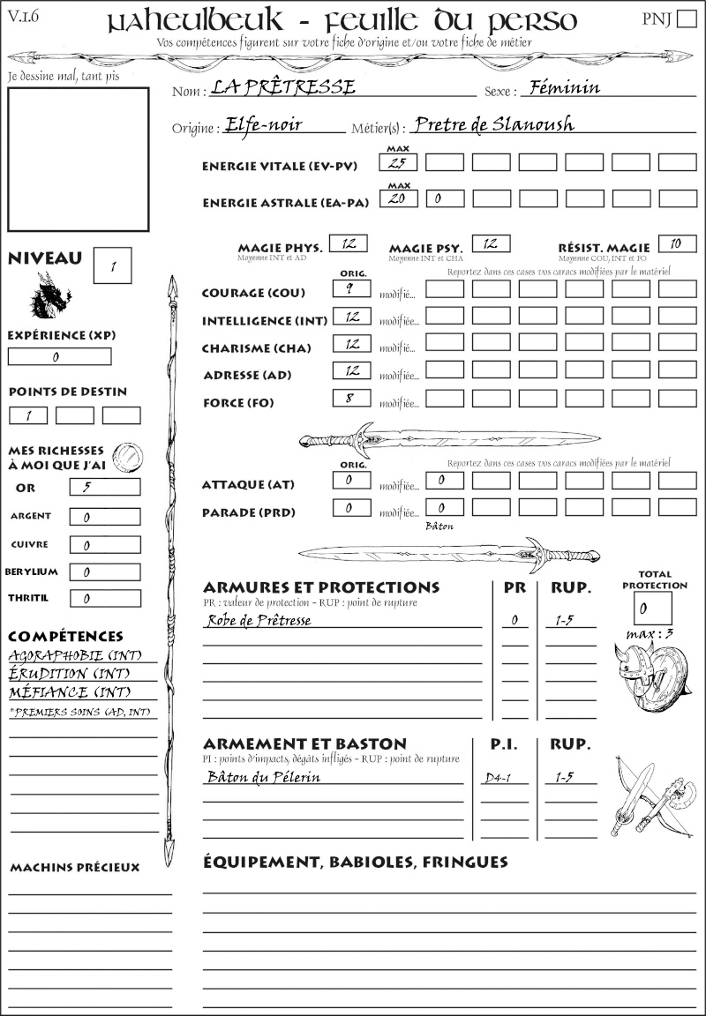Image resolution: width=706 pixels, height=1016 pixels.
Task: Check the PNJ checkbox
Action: click(x=685, y=19)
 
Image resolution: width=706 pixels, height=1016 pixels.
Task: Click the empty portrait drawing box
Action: click(x=78, y=159)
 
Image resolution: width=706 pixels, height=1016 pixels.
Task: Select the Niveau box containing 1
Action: click(x=114, y=265)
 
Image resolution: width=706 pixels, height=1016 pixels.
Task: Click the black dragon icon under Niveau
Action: click(x=49, y=295)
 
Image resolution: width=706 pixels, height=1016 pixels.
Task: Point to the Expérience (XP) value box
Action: click(x=59, y=357)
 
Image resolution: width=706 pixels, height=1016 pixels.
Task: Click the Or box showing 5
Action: click(x=104, y=487)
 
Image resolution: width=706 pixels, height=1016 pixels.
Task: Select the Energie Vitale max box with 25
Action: click(x=399, y=162)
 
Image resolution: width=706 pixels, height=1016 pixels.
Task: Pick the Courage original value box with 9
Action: click(x=351, y=288)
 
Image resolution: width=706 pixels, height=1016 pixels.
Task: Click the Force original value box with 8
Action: click(x=351, y=398)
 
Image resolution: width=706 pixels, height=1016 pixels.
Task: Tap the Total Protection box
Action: click(x=652, y=608)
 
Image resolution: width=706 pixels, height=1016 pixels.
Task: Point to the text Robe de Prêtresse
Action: click(x=259, y=620)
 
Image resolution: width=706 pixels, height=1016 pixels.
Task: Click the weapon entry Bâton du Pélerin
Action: click(x=263, y=777)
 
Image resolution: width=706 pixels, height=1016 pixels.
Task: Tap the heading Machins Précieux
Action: click(x=75, y=868)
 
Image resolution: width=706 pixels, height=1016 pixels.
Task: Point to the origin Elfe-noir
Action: click(x=264, y=124)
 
